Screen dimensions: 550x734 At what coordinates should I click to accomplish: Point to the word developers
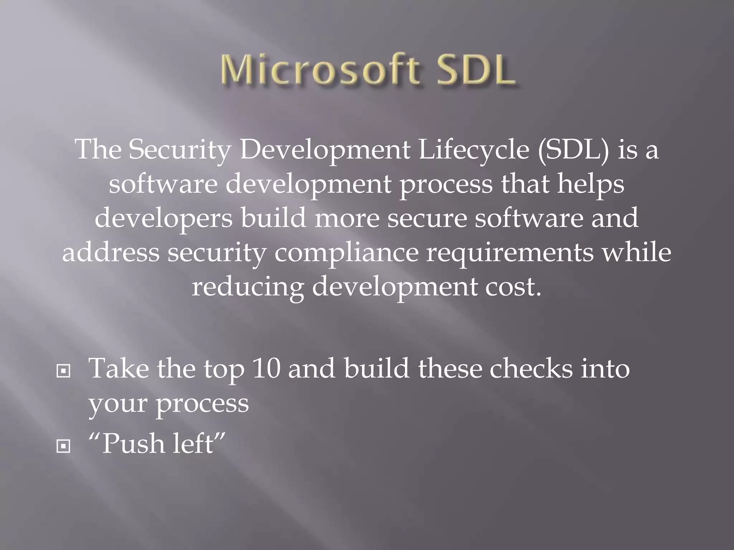164,218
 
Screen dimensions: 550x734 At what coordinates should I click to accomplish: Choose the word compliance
347,252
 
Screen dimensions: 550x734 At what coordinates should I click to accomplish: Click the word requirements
509,252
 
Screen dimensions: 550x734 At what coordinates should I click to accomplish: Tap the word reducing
247,287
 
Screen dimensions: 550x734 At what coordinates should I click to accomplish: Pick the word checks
531,368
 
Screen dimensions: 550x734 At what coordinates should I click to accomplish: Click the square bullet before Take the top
63,372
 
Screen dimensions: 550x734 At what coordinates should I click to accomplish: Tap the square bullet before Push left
63,446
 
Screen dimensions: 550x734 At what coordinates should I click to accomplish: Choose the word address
111,252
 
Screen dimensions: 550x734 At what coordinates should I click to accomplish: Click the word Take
119,368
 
